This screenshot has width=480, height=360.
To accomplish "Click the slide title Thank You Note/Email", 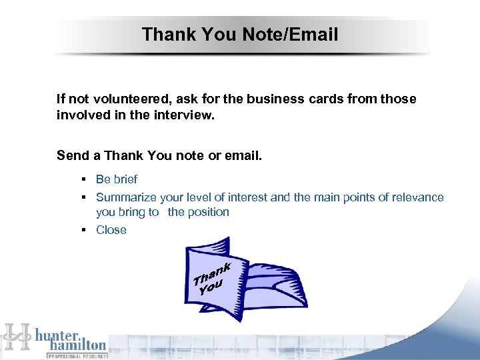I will [x=240, y=35].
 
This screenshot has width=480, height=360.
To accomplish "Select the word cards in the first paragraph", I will [x=325, y=99].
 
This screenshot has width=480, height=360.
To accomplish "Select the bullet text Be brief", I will [x=117, y=179].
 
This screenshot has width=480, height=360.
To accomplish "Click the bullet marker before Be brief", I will [x=85, y=179].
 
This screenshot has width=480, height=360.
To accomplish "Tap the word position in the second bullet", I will [x=208, y=212].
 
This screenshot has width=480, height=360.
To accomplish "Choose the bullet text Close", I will [x=111, y=230].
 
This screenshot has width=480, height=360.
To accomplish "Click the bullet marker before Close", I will [x=85, y=230].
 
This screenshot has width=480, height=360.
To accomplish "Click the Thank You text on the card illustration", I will [x=213, y=279].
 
